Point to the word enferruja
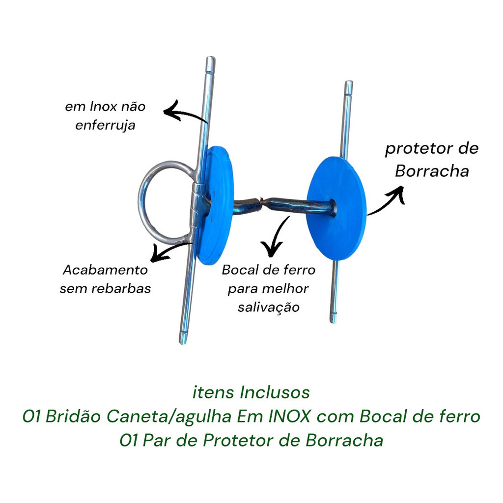tap(105, 125)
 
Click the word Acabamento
tap(105, 270)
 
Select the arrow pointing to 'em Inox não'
tap(185, 113)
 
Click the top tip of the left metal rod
tap(210, 60)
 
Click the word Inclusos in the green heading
tap(275, 392)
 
